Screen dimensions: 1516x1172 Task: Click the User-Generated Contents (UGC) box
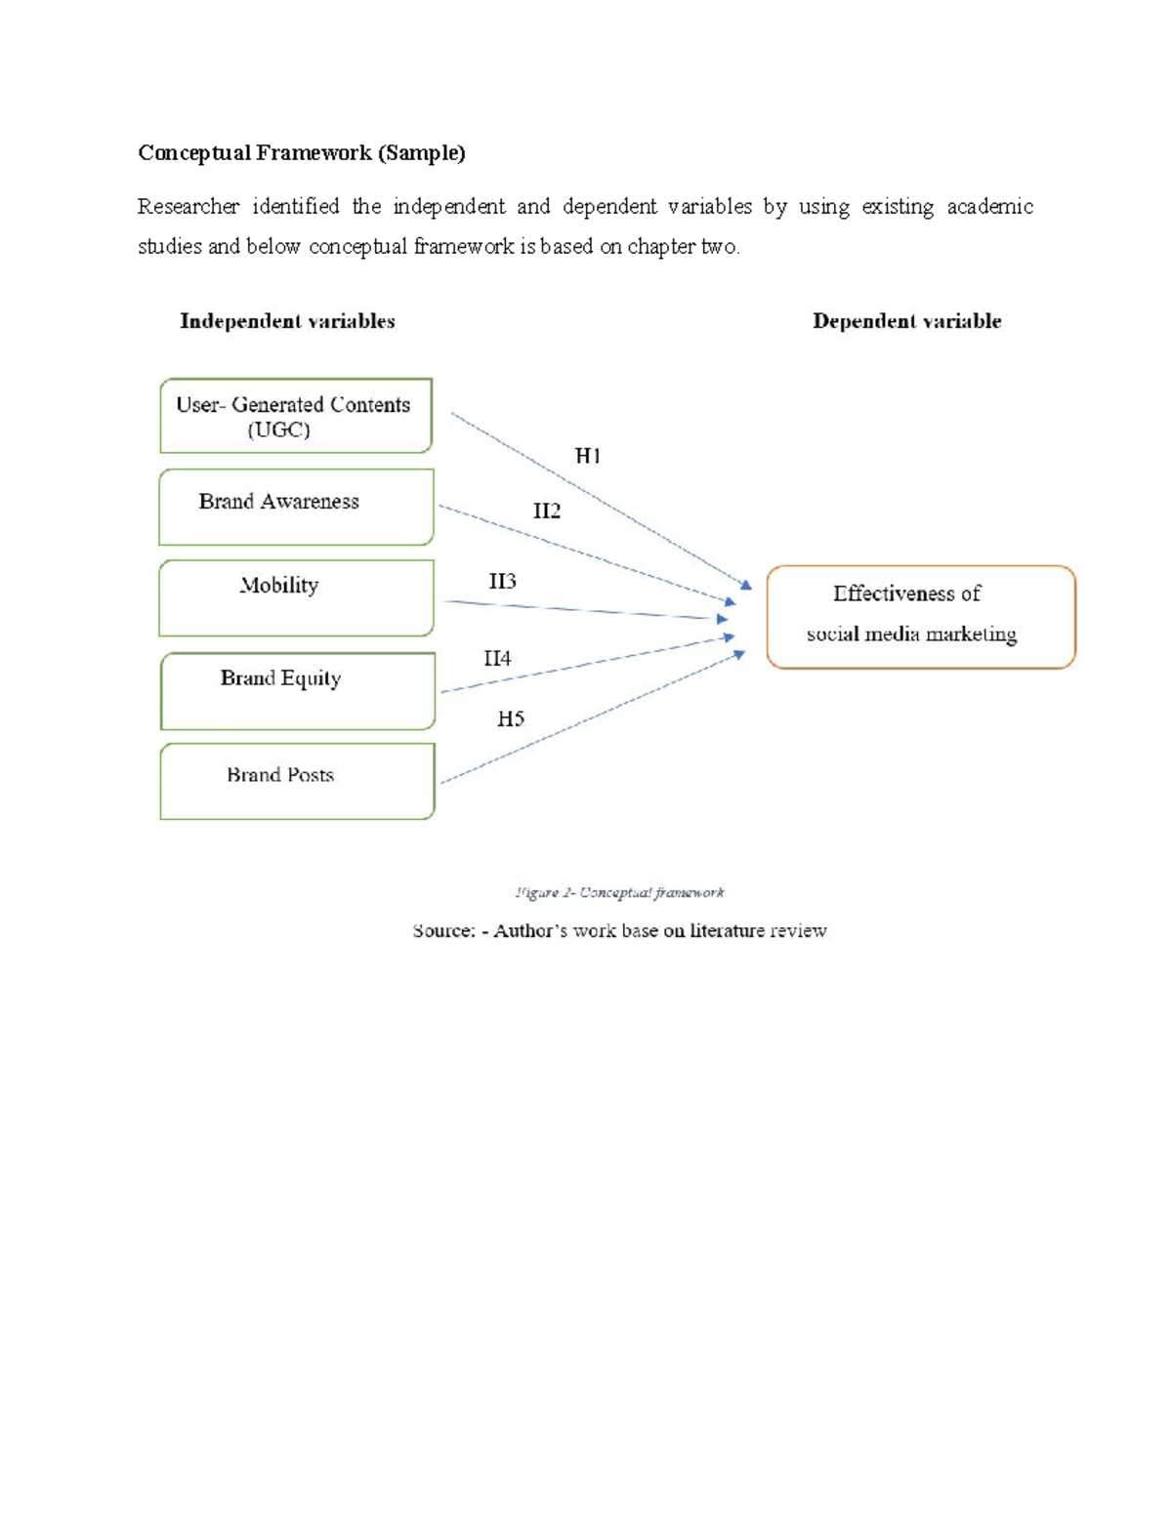pos(295,416)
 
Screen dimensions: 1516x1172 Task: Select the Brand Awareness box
pos(295,507)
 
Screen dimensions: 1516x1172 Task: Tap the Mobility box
pos(295,597)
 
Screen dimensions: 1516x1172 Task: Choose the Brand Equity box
pos(297,690)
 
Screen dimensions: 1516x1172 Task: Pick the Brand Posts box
pos(297,781)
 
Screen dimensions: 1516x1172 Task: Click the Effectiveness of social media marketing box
pos(920,616)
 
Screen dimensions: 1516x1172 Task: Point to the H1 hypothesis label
pos(587,456)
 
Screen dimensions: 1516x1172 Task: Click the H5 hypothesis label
pos(510,719)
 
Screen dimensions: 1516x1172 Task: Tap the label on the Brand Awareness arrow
pos(546,512)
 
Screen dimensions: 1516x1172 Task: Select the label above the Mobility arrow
pos(502,582)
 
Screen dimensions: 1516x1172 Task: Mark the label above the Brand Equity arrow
pos(497,659)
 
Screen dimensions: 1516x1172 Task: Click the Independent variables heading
pos(287,321)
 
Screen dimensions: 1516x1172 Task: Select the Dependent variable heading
pos(906,321)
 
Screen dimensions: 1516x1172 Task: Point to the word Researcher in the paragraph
pos(188,207)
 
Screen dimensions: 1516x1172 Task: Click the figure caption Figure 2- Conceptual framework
pos(619,892)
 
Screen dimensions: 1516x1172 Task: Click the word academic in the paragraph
pos(989,207)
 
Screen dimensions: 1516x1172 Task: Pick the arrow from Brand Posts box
pos(591,718)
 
